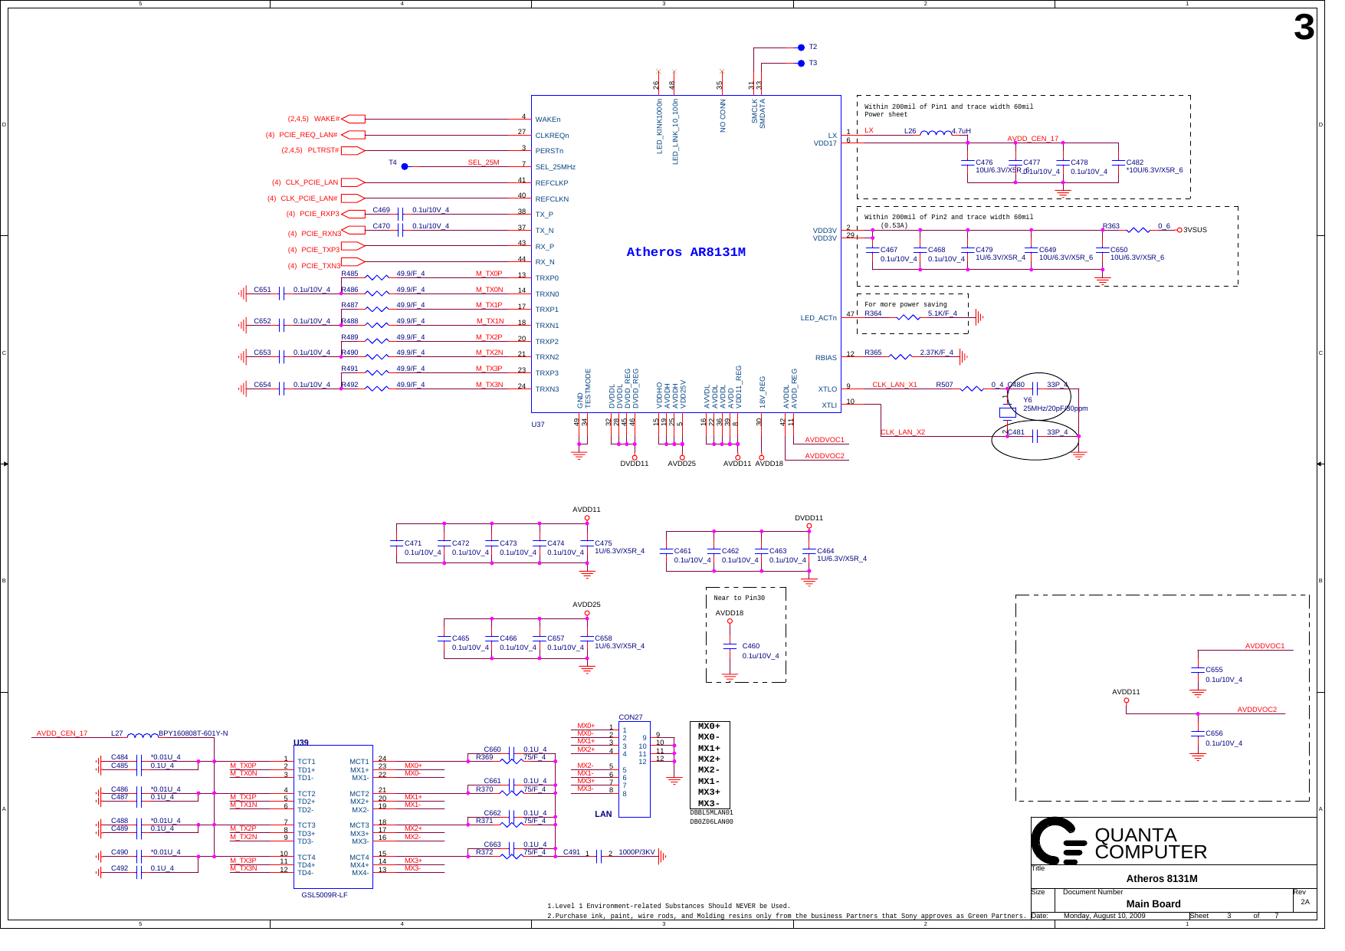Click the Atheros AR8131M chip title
685,252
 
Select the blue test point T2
802,48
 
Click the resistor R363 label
1110,226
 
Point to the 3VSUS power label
1195,230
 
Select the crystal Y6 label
1027,400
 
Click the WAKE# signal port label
326,119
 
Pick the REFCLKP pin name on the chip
551,183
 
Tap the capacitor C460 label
750,646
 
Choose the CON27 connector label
630,717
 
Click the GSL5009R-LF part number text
324,895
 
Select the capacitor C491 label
571,852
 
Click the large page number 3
1303,28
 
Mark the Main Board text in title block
1153,904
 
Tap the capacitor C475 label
603,543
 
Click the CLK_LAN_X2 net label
902,432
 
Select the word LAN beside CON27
603,814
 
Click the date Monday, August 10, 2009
1104,916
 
